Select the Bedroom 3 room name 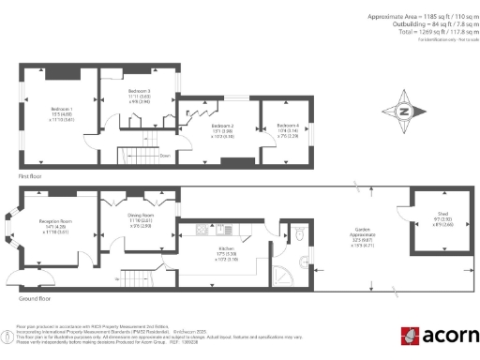point(140,91)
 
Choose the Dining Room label point(141,216)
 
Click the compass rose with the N point(403,112)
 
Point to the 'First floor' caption point(30,175)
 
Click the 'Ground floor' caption point(33,298)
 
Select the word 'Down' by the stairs point(165,156)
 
